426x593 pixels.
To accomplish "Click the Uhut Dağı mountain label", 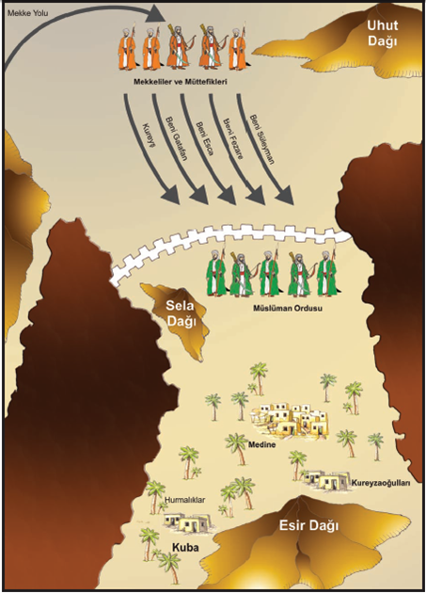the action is click(383, 33).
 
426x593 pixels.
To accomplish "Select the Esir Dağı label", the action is click(308, 525).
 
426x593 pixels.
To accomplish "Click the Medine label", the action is click(261, 444).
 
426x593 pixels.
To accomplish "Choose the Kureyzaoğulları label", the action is click(381, 483).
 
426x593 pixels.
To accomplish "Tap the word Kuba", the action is click(185, 547).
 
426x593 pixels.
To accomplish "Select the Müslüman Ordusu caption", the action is click(287, 308).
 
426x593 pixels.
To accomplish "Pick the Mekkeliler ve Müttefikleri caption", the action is click(181, 81).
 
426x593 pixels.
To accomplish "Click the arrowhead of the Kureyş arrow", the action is click(169, 195).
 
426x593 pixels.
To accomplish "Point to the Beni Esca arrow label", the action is click(204, 138).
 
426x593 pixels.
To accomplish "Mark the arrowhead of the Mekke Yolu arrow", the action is click(156, 14).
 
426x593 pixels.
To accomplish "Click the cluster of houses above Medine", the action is click(290, 418).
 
